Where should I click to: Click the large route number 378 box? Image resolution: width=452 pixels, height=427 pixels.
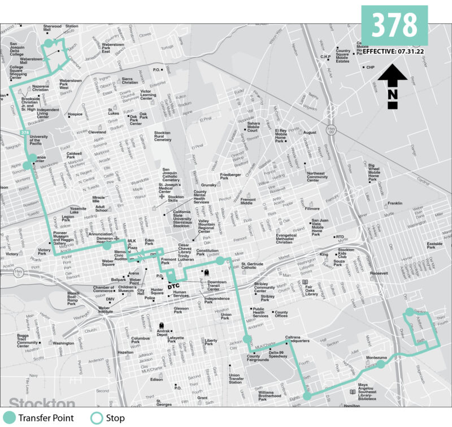(394, 25)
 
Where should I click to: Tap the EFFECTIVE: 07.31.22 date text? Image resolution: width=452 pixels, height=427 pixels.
(393, 52)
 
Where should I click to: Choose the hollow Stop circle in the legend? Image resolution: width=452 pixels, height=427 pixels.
(98, 418)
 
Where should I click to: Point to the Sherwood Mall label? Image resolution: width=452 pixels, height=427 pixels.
(52, 29)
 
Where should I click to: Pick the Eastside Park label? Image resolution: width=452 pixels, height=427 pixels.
(435, 245)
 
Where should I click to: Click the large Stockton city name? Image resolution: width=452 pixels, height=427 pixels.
(42, 403)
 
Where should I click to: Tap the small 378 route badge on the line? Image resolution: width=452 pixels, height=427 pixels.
(25, 133)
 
